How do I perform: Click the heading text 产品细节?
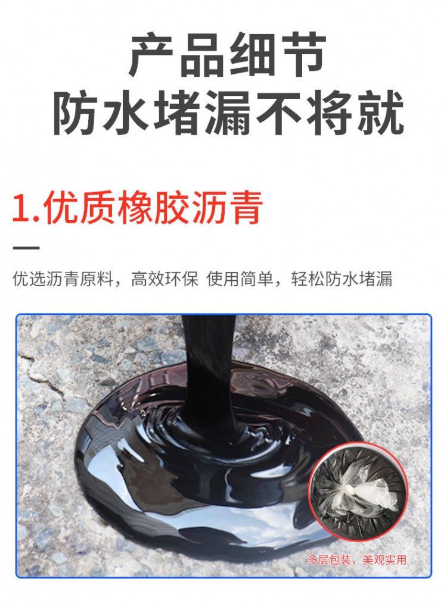pos(228,55)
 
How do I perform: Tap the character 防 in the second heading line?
pos(76,112)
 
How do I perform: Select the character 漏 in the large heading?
pos(228,112)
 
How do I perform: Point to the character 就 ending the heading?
pos(380,112)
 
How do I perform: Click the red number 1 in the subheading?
pos(23,208)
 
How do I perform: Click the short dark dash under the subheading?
pos(27,248)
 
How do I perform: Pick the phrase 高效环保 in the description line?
pos(164,279)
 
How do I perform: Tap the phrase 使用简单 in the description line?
pos(240,279)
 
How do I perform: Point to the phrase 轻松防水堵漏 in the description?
pos(342,279)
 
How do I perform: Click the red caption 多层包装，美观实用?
pos(357,560)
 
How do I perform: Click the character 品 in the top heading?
pos(203,55)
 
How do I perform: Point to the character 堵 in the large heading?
pos(177,112)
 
